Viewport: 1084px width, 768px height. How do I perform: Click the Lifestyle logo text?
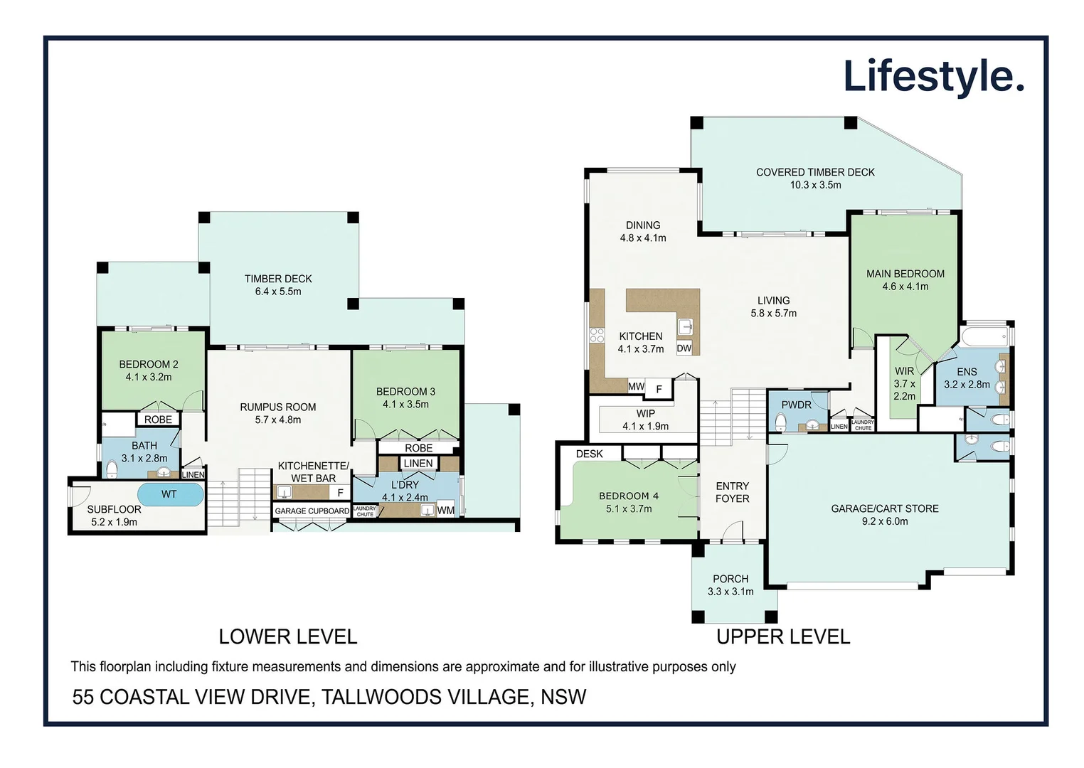[x=932, y=77]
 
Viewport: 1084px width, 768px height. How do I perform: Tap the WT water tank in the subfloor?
[x=169, y=494]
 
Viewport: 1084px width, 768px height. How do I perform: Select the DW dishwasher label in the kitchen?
[x=684, y=348]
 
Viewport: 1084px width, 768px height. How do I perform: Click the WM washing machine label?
[x=445, y=510]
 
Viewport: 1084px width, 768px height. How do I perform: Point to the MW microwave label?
[x=636, y=387]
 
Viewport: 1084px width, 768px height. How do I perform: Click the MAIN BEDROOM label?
[x=905, y=274]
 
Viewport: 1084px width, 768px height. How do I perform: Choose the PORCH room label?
[x=730, y=579]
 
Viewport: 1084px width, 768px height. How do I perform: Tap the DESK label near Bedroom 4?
[x=589, y=454]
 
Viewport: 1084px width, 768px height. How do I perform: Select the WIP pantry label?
[x=645, y=414]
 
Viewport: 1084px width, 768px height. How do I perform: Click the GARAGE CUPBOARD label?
[x=312, y=511]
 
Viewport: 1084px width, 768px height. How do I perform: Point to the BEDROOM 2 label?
[x=149, y=364]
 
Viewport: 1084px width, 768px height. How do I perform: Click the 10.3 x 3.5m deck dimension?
[x=815, y=185]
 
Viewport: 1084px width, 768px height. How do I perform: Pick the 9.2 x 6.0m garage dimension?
[x=885, y=521]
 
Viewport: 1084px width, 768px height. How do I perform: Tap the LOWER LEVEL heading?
[x=287, y=636]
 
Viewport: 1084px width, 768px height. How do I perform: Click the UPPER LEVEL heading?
[x=782, y=636]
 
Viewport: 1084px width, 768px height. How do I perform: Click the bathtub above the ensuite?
[x=985, y=336]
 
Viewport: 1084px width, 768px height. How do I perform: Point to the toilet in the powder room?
[x=780, y=423]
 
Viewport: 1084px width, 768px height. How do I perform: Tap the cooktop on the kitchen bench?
[x=596, y=335]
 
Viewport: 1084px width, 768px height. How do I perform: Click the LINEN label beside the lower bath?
[x=193, y=474]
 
